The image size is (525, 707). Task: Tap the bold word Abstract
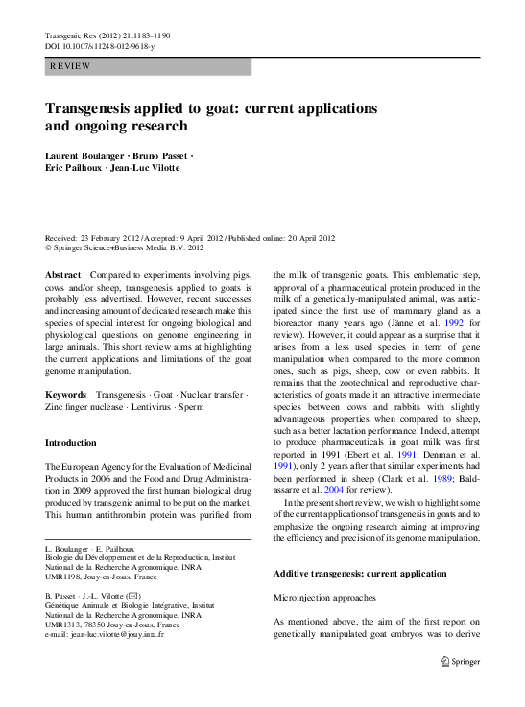(63, 275)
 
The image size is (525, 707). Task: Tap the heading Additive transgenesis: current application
(360, 573)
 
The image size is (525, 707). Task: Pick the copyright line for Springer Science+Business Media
(125, 247)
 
